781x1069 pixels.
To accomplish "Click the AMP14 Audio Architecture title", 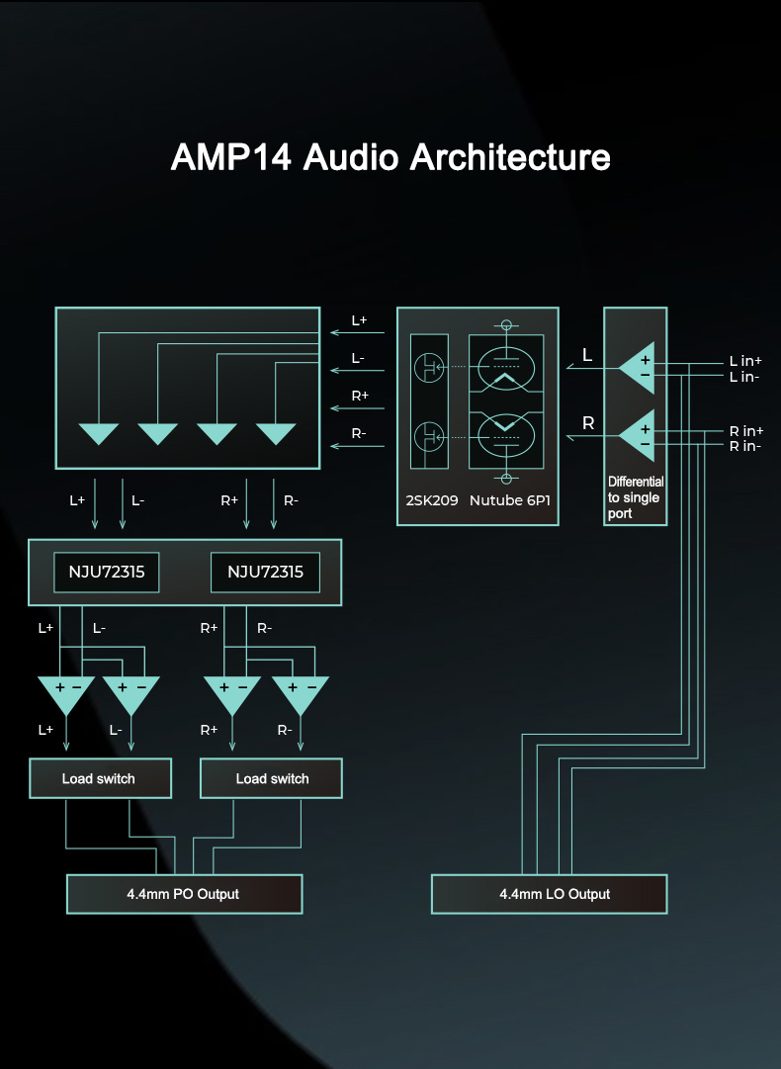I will pyautogui.click(x=390, y=157).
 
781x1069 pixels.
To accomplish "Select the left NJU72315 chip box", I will pyautogui.click(x=106, y=573).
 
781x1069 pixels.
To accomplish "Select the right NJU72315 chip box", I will pyautogui.click(x=265, y=573).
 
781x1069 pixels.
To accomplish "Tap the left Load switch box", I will pyautogui.click(x=100, y=778).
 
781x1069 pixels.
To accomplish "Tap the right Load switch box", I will pyautogui.click(x=272, y=778).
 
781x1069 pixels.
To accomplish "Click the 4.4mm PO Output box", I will pyautogui.click(x=184, y=894).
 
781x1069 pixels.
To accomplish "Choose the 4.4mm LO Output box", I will pyautogui.click(x=550, y=894).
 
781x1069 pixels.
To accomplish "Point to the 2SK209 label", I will pyautogui.click(x=432, y=501).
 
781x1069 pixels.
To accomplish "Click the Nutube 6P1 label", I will pyautogui.click(x=510, y=501).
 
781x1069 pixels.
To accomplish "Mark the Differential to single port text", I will pyautogui.click(x=634, y=497).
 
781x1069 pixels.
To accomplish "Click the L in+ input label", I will pyautogui.click(x=745, y=362).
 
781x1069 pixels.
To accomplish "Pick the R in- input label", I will pyautogui.click(x=745, y=446).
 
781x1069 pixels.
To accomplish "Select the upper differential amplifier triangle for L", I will pyautogui.click(x=638, y=367).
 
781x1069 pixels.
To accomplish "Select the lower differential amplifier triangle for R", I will pyautogui.click(x=638, y=436).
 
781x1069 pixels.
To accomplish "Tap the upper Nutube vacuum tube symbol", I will pyautogui.click(x=507, y=367).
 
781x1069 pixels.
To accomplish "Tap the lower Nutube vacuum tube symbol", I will pyautogui.click(x=507, y=433).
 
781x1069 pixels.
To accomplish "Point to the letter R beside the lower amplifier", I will pyautogui.click(x=588, y=423).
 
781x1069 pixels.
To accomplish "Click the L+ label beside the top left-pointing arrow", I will pyautogui.click(x=360, y=321).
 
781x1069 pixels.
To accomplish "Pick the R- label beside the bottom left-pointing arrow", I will pyautogui.click(x=360, y=433).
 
